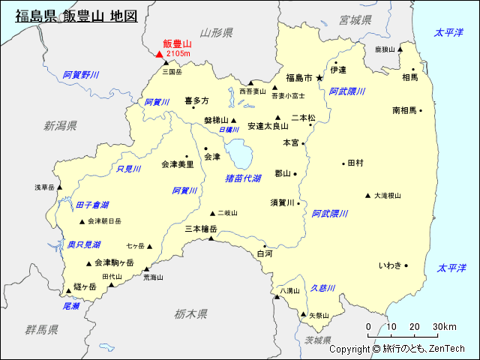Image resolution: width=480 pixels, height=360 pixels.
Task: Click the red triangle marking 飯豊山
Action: (x=159, y=53)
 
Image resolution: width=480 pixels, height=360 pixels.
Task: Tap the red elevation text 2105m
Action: (x=178, y=54)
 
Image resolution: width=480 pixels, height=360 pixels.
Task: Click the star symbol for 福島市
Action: (x=319, y=77)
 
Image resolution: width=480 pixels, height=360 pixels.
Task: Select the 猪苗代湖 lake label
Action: (x=243, y=178)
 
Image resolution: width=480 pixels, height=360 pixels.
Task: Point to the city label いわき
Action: (x=389, y=265)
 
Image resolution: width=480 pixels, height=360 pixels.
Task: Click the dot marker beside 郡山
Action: (x=295, y=174)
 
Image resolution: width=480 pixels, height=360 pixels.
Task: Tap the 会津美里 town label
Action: (x=177, y=163)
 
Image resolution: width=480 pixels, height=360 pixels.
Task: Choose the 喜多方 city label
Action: (x=196, y=100)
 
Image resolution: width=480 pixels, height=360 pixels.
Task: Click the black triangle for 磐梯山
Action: (x=234, y=120)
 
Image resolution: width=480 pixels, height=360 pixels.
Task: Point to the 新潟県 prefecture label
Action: (x=60, y=125)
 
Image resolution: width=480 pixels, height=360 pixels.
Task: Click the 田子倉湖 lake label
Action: (x=92, y=205)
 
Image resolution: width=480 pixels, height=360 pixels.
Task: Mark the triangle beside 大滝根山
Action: (x=367, y=196)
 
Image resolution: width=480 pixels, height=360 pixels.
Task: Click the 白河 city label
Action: (x=265, y=253)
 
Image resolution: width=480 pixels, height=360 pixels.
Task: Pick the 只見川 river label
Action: (x=129, y=169)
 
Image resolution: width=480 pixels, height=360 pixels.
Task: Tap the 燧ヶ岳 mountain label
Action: (x=85, y=286)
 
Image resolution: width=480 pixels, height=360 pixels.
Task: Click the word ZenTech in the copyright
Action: (x=447, y=349)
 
